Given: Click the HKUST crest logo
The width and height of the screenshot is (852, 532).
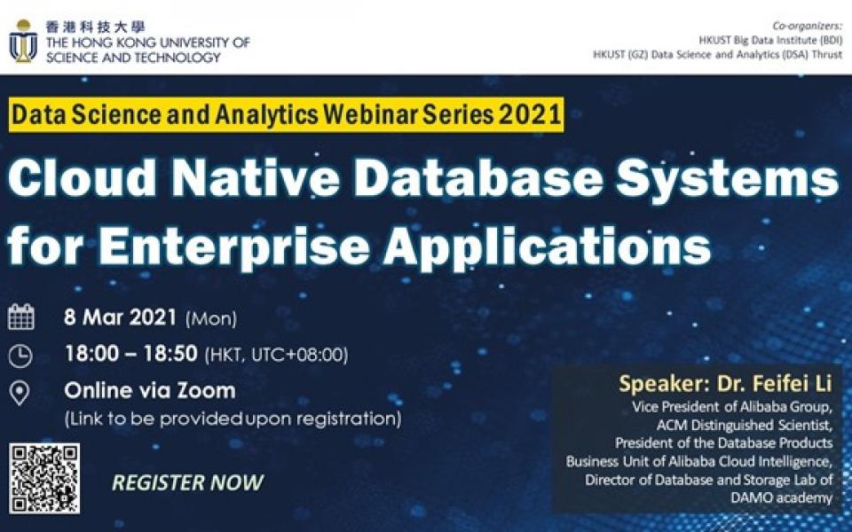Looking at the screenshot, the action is click(x=23, y=42).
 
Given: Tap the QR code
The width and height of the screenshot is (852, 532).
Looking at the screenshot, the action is click(x=44, y=478).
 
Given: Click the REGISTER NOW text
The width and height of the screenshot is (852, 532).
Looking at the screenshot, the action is click(x=187, y=482).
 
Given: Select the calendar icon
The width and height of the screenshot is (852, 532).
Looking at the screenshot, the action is click(x=21, y=317).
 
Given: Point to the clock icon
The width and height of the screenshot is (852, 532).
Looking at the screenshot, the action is click(x=20, y=356).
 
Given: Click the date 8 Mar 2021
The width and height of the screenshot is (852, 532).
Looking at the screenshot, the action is click(x=120, y=317).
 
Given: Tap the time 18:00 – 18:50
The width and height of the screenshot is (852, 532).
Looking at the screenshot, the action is click(x=131, y=354).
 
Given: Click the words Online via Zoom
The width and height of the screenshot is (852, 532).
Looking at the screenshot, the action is click(x=150, y=391).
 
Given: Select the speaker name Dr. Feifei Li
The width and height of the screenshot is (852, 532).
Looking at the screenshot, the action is click(x=775, y=384).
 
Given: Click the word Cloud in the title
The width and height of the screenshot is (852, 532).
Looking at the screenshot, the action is click(x=82, y=179).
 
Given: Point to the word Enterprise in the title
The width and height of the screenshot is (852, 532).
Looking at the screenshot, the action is click(x=234, y=245).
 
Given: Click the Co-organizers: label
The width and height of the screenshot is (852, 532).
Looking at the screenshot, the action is click(x=808, y=26).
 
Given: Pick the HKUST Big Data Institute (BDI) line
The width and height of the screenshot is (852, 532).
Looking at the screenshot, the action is click(x=770, y=40).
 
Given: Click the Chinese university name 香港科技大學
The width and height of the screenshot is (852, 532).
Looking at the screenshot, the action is click(x=95, y=27).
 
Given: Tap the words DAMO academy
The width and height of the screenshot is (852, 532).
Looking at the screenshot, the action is click(x=781, y=497).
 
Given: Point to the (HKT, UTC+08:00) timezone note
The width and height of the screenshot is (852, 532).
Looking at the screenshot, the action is click(x=277, y=355).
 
